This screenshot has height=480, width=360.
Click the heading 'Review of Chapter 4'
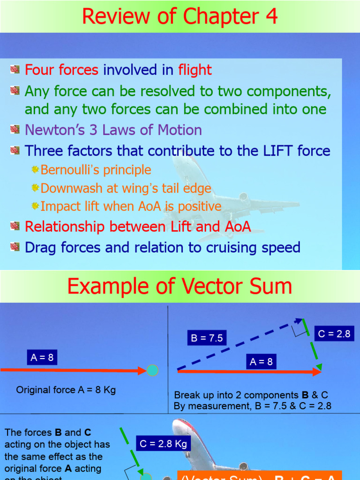[180, 16]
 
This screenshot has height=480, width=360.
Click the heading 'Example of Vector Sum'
[180, 286]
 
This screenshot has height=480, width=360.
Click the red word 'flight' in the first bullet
[195, 70]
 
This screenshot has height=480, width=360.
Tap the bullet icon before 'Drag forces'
[15, 247]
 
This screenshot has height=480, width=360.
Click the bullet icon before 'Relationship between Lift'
[15, 226]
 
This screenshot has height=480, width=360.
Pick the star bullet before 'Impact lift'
[36, 206]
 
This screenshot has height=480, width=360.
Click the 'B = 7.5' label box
[207, 338]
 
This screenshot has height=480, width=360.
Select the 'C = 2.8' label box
[334, 334]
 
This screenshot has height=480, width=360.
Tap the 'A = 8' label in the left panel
[42, 358]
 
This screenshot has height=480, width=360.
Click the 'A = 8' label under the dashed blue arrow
[261, 361]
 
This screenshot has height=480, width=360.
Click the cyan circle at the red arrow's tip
[152, 370]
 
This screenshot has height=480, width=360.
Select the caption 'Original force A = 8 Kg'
[66, 390]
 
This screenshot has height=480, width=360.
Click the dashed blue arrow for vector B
[239, 345]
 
